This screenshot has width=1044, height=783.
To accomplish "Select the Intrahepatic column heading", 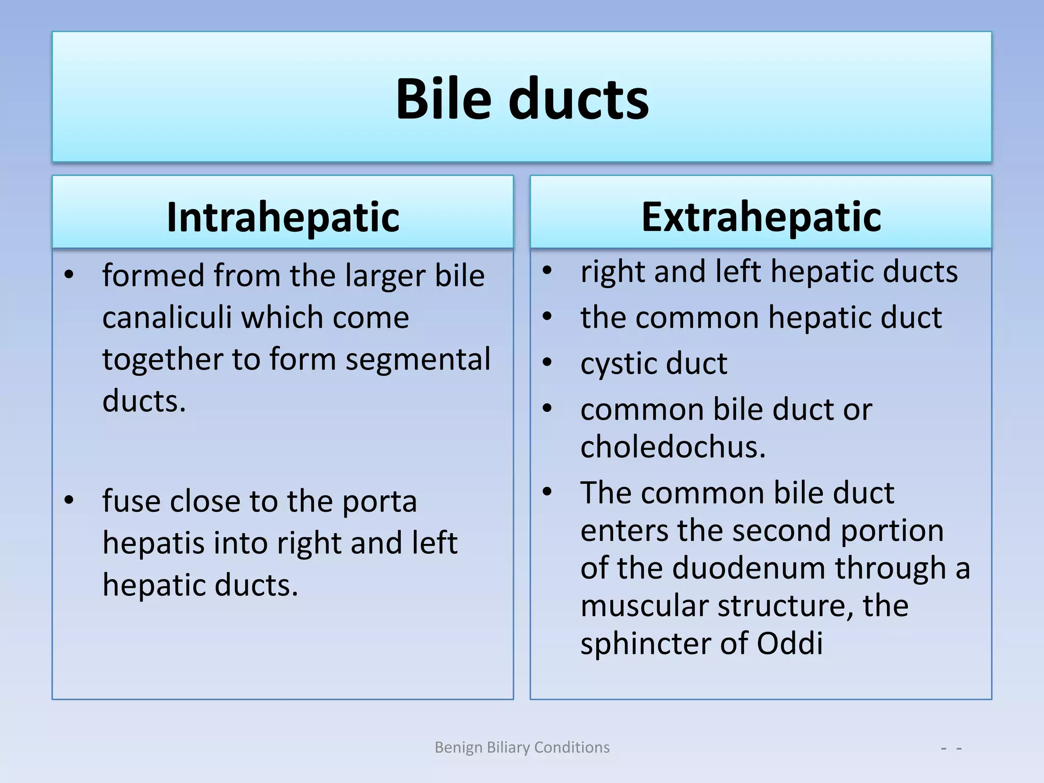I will coord(283,217).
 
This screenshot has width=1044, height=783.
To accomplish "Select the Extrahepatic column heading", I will coord(761,217).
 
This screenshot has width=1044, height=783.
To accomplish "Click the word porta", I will coord(379,502).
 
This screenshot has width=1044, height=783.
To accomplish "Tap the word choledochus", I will coord(673,447).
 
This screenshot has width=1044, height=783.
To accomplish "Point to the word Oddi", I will coord(790,643).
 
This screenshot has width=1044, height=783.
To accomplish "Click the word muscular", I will coord(644,606).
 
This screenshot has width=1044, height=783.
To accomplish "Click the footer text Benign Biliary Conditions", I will coord(522,747).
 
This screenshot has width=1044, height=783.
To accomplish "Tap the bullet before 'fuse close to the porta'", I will coord(69,500).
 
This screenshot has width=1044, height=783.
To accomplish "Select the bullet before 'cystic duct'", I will coord(547,362).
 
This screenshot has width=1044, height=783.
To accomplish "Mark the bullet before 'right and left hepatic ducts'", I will coord(547,270).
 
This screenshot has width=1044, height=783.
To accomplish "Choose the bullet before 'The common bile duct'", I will coord(547,492).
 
